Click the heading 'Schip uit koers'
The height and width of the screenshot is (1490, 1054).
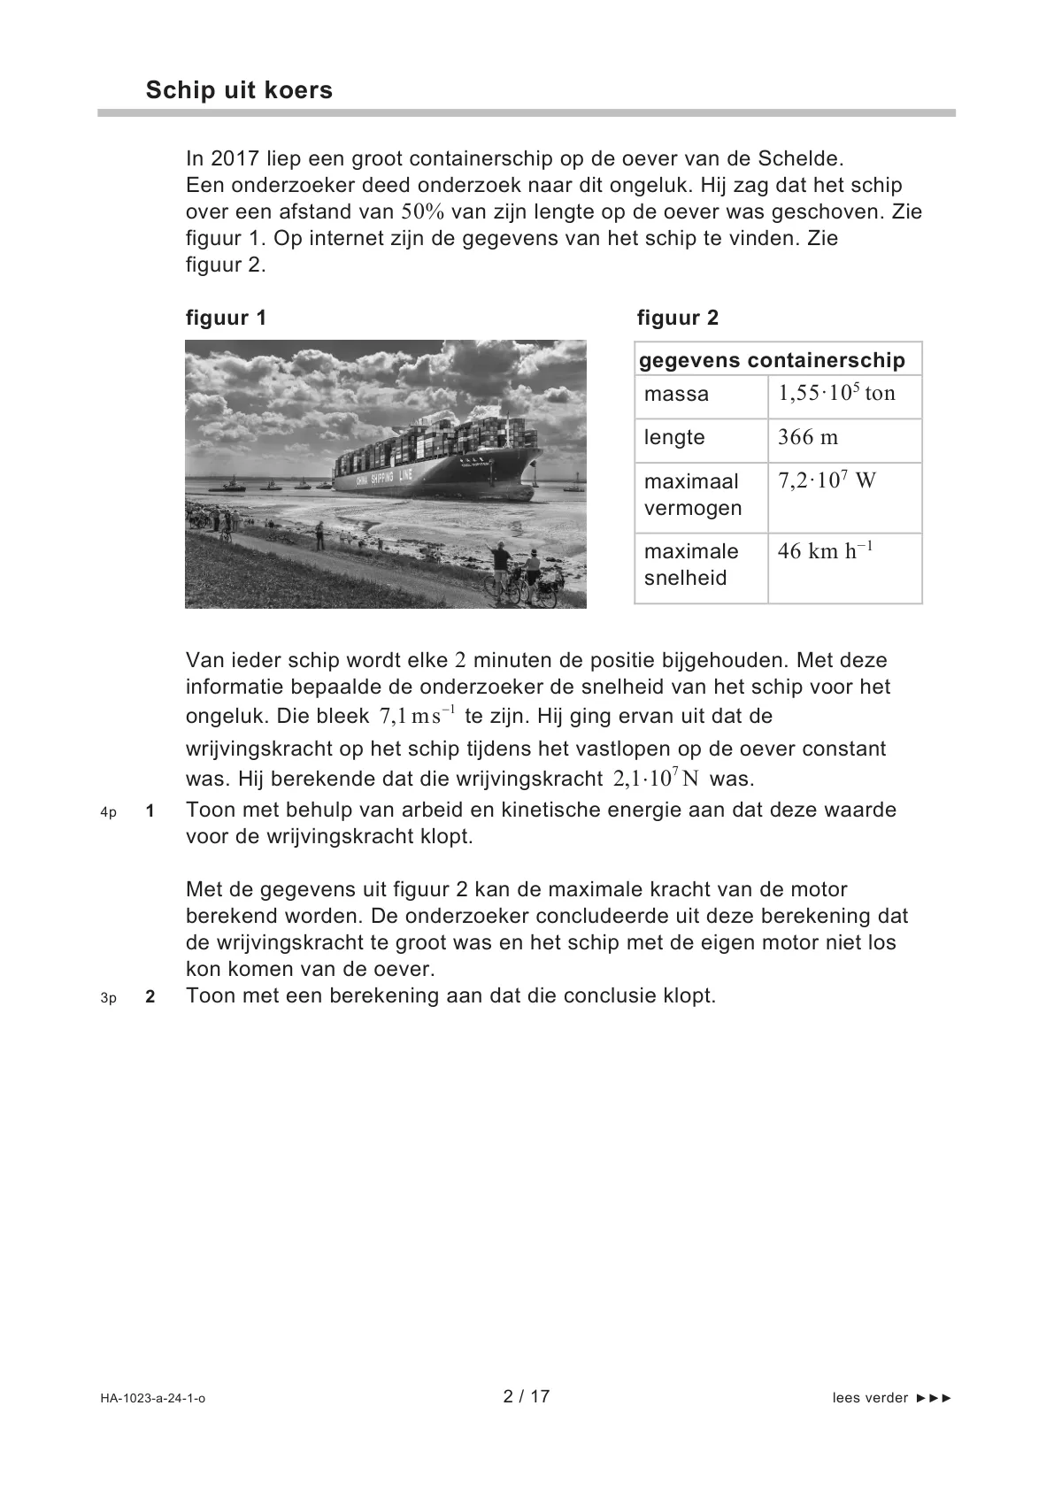(x=239, y=90)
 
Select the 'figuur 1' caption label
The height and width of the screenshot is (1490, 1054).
(x=226, y=319)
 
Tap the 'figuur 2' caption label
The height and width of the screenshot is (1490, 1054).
(x=678, y=319)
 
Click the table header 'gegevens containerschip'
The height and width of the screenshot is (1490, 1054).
(x=772, y=360)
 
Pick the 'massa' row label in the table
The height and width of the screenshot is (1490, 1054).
(x=676, y=395)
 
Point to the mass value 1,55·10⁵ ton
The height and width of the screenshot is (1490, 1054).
(x=836, y=393)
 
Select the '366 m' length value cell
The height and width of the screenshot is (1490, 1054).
(x=807, y=437)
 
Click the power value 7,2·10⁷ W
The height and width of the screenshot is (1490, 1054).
(x=827, y=480)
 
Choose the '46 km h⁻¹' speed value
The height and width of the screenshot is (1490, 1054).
(x=825, y=550)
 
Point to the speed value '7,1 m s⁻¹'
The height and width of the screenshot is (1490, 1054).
(x=417, y=715)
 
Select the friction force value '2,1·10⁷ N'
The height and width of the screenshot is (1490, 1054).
(x=656, y=779)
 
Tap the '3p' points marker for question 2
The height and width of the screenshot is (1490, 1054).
(x=108, y=998)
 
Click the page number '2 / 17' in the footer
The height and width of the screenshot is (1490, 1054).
(x=527, y=1396)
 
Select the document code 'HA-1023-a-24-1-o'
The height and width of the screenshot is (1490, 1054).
(x=152, y=1399)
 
